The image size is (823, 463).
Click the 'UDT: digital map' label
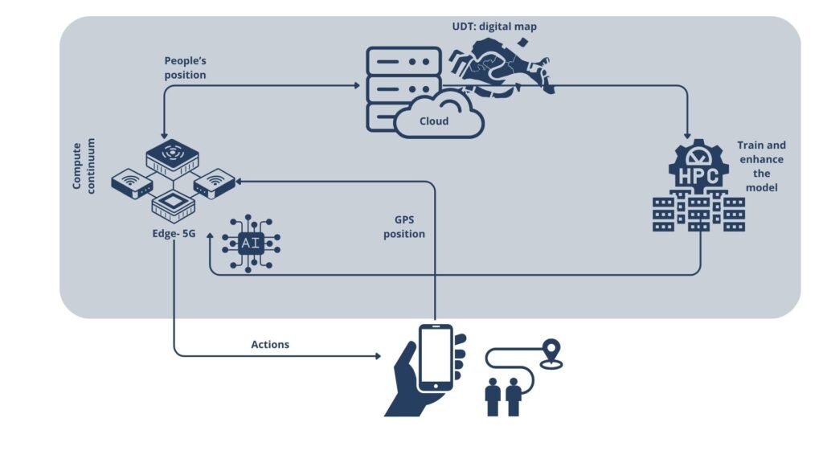(493, 27)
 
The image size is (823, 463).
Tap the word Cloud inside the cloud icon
(433, 121)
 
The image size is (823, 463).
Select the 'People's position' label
(186, 68)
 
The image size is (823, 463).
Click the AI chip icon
(250, 244)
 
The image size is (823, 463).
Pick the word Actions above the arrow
(270, 344)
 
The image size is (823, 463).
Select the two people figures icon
(504, 397)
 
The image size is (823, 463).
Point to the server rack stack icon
(403, 87)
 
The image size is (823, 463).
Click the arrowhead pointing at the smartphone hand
(377, 355)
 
